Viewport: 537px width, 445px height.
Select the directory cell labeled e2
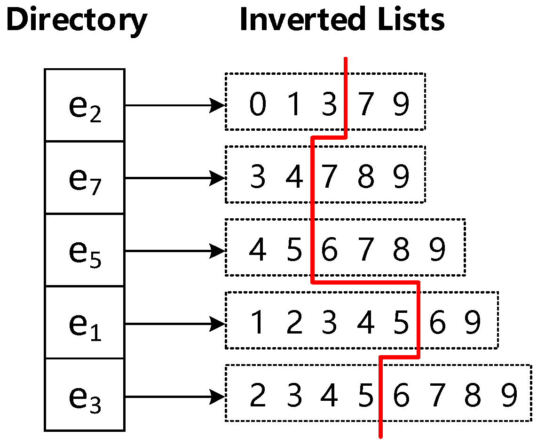[x=85, y=105]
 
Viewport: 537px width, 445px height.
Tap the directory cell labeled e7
[x=85, y=178]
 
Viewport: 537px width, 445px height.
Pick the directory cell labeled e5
[x=85, y=250]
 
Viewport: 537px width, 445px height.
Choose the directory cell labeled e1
[x=85, y=323]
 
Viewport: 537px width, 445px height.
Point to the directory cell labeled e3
[x=85, y=396]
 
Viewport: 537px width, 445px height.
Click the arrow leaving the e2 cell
[x=174, y=105]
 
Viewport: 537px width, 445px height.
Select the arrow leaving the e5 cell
[x=174, y=251]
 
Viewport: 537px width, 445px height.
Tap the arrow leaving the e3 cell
[x=174, y=396]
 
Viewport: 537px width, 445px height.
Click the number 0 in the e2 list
[x=257, y=104]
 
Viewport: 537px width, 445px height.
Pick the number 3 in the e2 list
[x=329, y=104]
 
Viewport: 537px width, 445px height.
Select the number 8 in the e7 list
[x=365, y=177]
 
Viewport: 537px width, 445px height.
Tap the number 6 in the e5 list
[x=329, y=250]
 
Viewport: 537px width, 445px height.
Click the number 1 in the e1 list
[x=257, y=323]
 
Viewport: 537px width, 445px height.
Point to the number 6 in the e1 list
[x=437, y=323]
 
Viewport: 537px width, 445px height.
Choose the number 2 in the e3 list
[x=257, y=396]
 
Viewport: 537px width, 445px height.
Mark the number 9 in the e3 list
[x=509, y=396]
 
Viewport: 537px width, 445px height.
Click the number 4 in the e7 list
[x=293, y=177]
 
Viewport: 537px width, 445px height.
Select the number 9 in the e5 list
[x=437, y=250]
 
